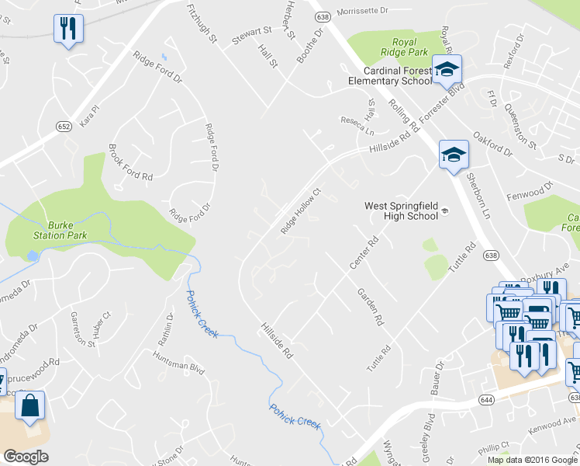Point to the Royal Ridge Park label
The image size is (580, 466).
point(404,47)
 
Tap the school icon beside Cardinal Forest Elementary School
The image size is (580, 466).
point(447,69)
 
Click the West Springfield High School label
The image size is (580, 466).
point(401,210)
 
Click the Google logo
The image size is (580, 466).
point(26,457)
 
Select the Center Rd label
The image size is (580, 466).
point(363,253)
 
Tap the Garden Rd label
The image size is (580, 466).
point(371,307)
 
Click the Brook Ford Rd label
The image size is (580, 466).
point(130,162)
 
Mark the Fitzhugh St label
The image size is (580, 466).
point(202,22)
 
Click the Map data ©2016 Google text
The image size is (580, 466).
point(533,460)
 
